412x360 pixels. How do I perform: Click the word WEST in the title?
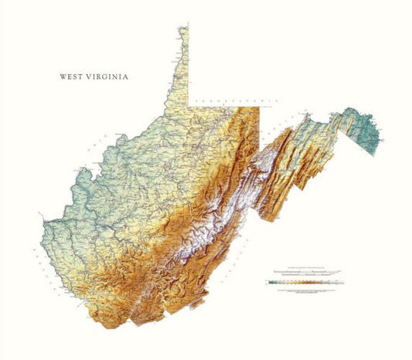[x=73, y=77]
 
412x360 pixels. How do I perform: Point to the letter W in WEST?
[x=63, y=77]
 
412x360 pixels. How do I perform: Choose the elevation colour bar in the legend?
[x=305, y=283]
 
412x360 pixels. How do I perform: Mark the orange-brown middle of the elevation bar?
[x=309, y=283]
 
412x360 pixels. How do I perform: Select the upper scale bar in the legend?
[x=305, y=271]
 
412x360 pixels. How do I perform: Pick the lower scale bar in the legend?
[x=305, y=276]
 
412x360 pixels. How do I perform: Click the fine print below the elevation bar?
[x=305, y=289]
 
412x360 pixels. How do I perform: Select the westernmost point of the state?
[x=44, y=228]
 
